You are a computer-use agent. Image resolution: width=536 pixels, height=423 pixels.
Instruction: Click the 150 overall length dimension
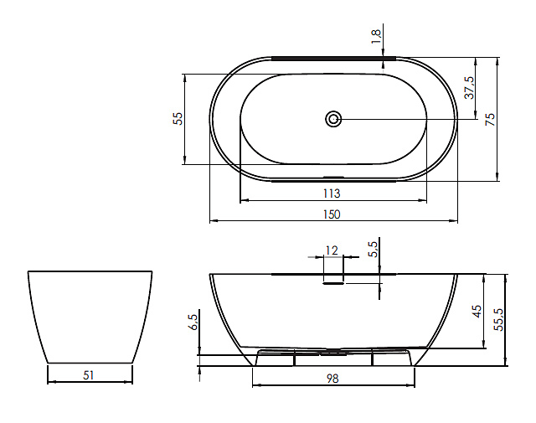pyautogui.click(x=332, y=214)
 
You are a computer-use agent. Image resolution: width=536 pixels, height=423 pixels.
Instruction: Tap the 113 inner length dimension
pyautogui.click(x=332, y=193)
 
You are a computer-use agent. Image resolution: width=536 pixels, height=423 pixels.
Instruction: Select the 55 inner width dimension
pyautogui.click(x=178, y=119)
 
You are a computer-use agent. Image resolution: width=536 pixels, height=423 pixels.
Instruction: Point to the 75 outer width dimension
pyautogui.click(x=490, y=119)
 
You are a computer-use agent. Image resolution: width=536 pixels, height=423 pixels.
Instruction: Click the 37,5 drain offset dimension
pyautogui.click(x=469, y=88)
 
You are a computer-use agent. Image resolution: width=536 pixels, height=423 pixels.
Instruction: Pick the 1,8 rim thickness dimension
pyautogui.click(x=376, y=37)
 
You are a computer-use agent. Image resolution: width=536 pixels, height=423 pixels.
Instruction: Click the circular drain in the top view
pyautogui.click(x=333, y=119)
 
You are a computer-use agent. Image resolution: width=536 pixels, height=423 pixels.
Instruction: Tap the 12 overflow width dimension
pyautogui.click(x=332, y=250)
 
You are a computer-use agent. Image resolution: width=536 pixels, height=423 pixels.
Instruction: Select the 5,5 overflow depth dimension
pyautogui.click(x=374, y=250)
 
